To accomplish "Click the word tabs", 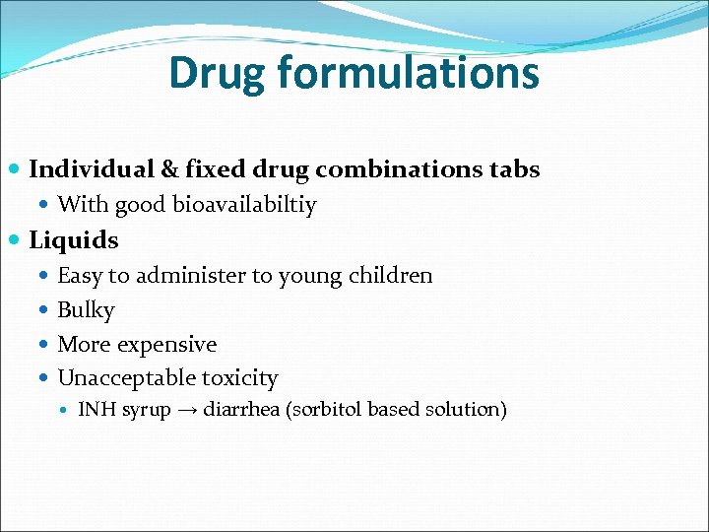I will click(514, 169).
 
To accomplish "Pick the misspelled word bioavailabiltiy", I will click(244, 205).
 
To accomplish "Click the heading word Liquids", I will click(74, 240).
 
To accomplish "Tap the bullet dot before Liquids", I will click(15, 240).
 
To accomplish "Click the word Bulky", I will click(87, 310).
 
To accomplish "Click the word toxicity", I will click(240, 378).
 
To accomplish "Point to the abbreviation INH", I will click(97, 409).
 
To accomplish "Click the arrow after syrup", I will click(187, 409).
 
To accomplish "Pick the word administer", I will click(187, 275).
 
